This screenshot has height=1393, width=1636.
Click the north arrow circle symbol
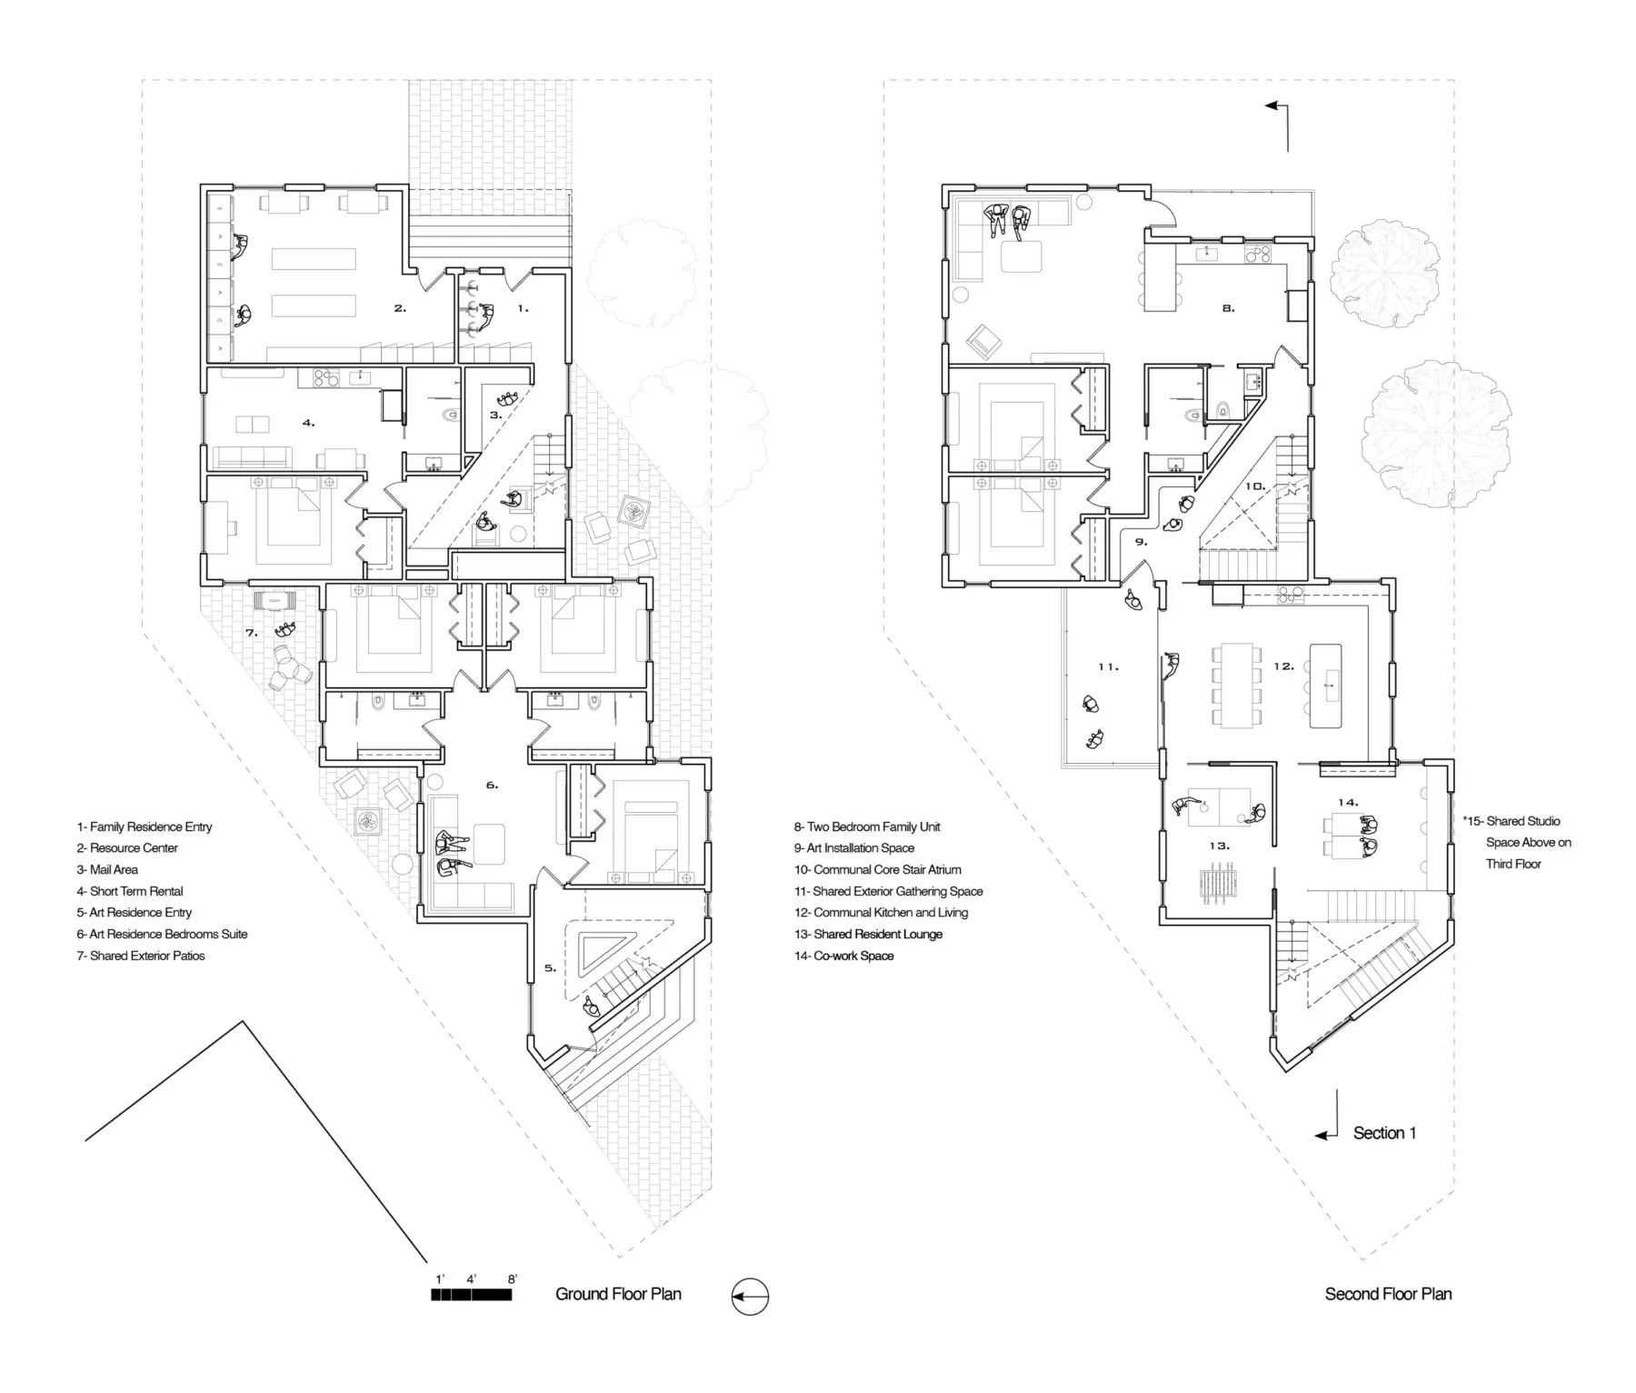pyautogui.click(x=750, y=1297)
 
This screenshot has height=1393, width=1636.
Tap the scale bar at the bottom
pyautogui.click(x=472, y=1295)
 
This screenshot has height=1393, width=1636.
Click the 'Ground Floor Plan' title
pyautogui.click(x=618, y=1294)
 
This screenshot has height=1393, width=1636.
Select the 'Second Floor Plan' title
pyautogui.click(x=1388, y=1294)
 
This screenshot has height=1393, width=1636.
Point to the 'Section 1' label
pyautogui.click(x=1384, y=1133)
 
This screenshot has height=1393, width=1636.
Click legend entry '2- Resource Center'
pyautogui.click(x=127, y=848)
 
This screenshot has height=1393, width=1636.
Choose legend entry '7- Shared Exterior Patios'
pyautogui.click(x=141, y=956)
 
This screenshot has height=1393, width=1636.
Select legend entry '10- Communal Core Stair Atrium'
pyautogui.click(x=878, y=869)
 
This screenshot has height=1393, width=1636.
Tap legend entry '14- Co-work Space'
pyautogui.click(x=844, y=956)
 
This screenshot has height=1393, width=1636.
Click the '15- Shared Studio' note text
pyautogui.click(x=1517, y=821)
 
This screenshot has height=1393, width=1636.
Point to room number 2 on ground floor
pyautogui.click(x=400, y=308)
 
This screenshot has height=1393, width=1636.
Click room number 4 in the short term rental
pyautogui.click(x=308, y=423)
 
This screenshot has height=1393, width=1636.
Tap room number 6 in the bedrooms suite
pyautogui.click(x=492, y=785)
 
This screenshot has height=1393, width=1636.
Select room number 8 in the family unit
pyautogui.click(x=1228, y=308)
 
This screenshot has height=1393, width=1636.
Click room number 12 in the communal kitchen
pyautogui.click(x=1283, y=666)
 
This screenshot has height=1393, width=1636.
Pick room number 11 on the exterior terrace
pyautogui.click(x=1108, y=666)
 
